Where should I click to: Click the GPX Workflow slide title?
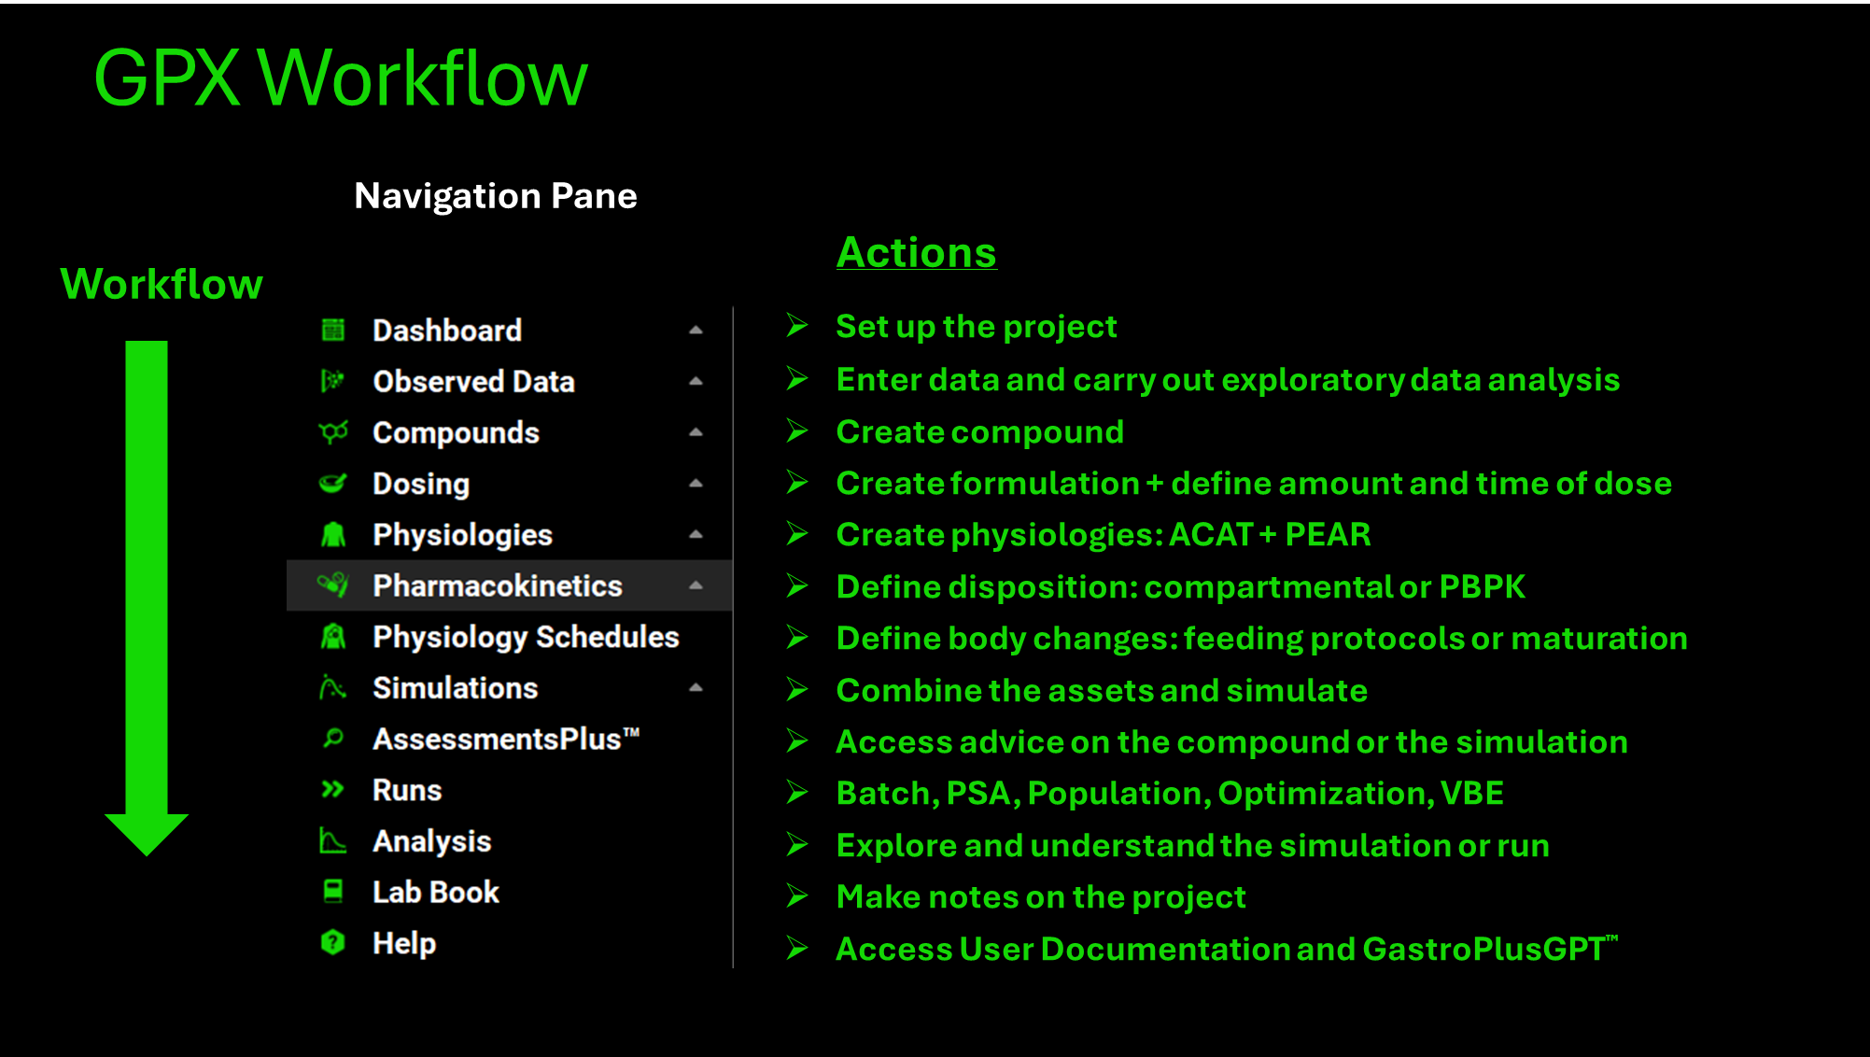tap(341, 78)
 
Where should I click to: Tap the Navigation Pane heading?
tap(496, 196)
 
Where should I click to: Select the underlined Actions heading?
tap(917, 252)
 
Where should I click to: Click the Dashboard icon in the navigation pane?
tap(333, 330)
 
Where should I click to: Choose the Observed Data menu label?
tap(473, 381)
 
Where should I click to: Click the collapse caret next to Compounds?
tap(696, 432)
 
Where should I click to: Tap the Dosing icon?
tap(333, 483)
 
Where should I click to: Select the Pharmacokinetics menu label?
tap(498, 585)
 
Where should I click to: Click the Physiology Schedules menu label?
tap(526, 637)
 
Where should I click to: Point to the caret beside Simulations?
tap(696, 688)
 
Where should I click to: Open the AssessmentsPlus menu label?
tap(506, 739)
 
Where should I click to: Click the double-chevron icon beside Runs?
tap(332, 790)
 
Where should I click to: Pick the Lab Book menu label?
tap(436, 892)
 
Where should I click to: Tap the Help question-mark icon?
tap(333, 942)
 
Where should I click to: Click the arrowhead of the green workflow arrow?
tap(147, 834)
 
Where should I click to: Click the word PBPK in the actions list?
tap(1482, 586)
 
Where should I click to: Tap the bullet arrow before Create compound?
tap(797, 430)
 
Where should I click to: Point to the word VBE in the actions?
tap(1471, 793)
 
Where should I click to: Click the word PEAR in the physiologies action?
tap(1328, 534)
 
